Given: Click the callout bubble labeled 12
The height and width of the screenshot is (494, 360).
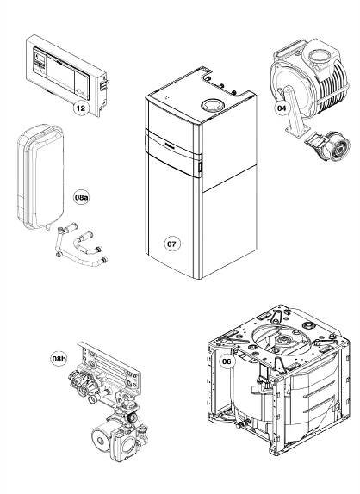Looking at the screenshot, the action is coord(81,108).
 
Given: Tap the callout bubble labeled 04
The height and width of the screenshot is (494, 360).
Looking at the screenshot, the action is coord(282,108).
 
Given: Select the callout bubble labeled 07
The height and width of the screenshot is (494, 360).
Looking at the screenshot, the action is coord(171,244).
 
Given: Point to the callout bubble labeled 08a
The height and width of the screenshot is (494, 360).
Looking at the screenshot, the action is coord(81,198).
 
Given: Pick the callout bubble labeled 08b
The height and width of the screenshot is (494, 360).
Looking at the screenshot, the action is coord(59,359).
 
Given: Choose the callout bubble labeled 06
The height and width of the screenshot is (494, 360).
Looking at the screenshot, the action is coord(227,361).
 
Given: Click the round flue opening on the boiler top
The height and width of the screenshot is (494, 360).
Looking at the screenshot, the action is coord(212,105).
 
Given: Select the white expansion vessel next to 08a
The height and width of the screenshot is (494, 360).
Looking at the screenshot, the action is coord(40,176).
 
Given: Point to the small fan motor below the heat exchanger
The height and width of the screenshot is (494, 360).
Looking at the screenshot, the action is coord(328,146).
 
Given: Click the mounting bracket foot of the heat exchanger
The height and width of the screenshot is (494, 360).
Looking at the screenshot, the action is coord(296,129).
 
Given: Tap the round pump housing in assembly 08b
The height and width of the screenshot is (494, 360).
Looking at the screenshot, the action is coord(103,436).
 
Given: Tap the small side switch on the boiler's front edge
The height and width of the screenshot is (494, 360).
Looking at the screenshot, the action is coord(200,167).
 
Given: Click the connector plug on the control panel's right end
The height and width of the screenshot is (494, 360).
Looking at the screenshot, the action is coord(104,83).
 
